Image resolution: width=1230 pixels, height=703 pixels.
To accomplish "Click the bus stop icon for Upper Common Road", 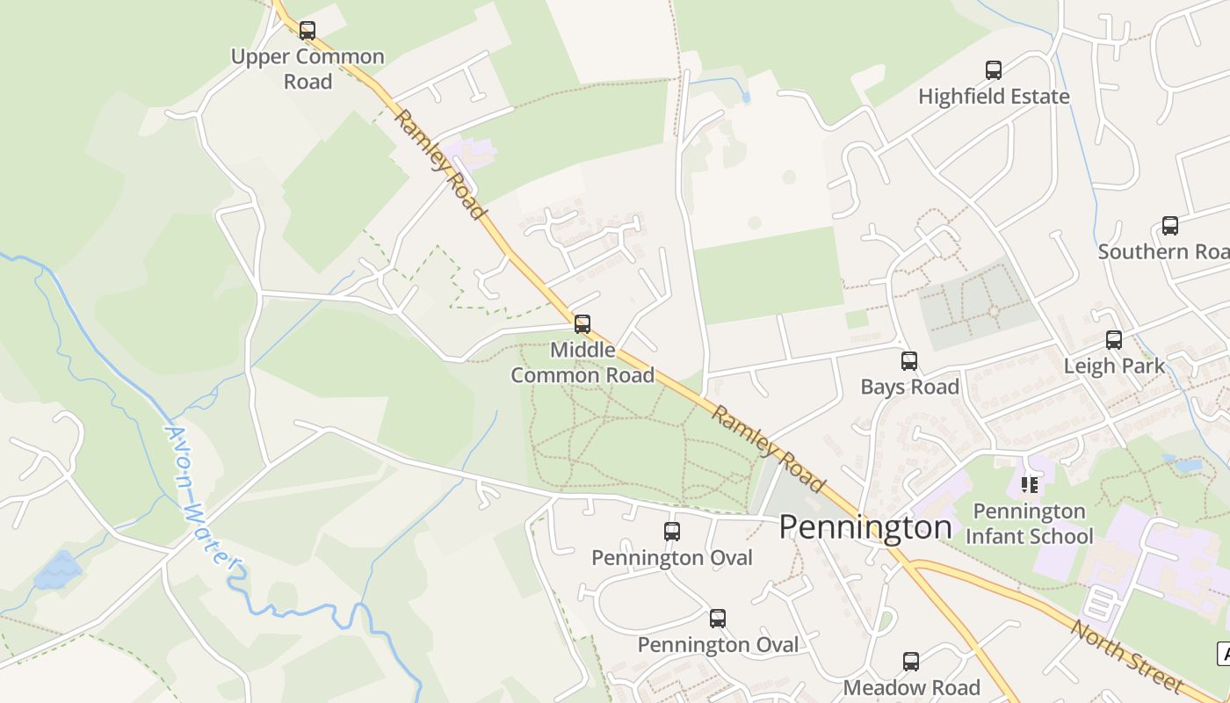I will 307,31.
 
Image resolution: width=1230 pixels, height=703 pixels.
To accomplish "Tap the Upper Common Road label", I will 307,69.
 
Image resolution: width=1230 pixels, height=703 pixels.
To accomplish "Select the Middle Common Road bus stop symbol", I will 582,323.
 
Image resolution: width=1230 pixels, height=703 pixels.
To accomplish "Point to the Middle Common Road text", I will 582,362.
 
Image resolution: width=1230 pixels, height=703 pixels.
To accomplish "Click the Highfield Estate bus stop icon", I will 994,70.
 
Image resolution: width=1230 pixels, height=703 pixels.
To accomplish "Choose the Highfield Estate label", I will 994,96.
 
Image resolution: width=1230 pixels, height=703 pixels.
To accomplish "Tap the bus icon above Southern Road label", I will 1170,226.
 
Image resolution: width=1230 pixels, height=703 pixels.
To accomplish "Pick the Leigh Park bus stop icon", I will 1114,340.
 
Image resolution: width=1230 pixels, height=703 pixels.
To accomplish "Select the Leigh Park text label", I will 1114,366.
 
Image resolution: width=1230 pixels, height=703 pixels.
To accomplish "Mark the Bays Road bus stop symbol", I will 909,361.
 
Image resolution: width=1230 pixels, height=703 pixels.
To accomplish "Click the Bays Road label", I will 909,387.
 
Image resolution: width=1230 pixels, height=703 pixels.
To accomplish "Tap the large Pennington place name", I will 865,526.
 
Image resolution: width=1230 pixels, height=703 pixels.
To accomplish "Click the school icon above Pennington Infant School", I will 1030,484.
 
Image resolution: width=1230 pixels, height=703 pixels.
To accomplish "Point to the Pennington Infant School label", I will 1030,524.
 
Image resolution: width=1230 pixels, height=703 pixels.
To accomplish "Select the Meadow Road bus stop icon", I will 911,662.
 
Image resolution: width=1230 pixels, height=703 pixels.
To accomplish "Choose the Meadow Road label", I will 911,687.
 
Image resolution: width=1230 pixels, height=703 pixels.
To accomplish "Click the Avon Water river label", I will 201,497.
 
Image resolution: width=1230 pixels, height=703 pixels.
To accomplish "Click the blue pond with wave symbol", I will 58,570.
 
